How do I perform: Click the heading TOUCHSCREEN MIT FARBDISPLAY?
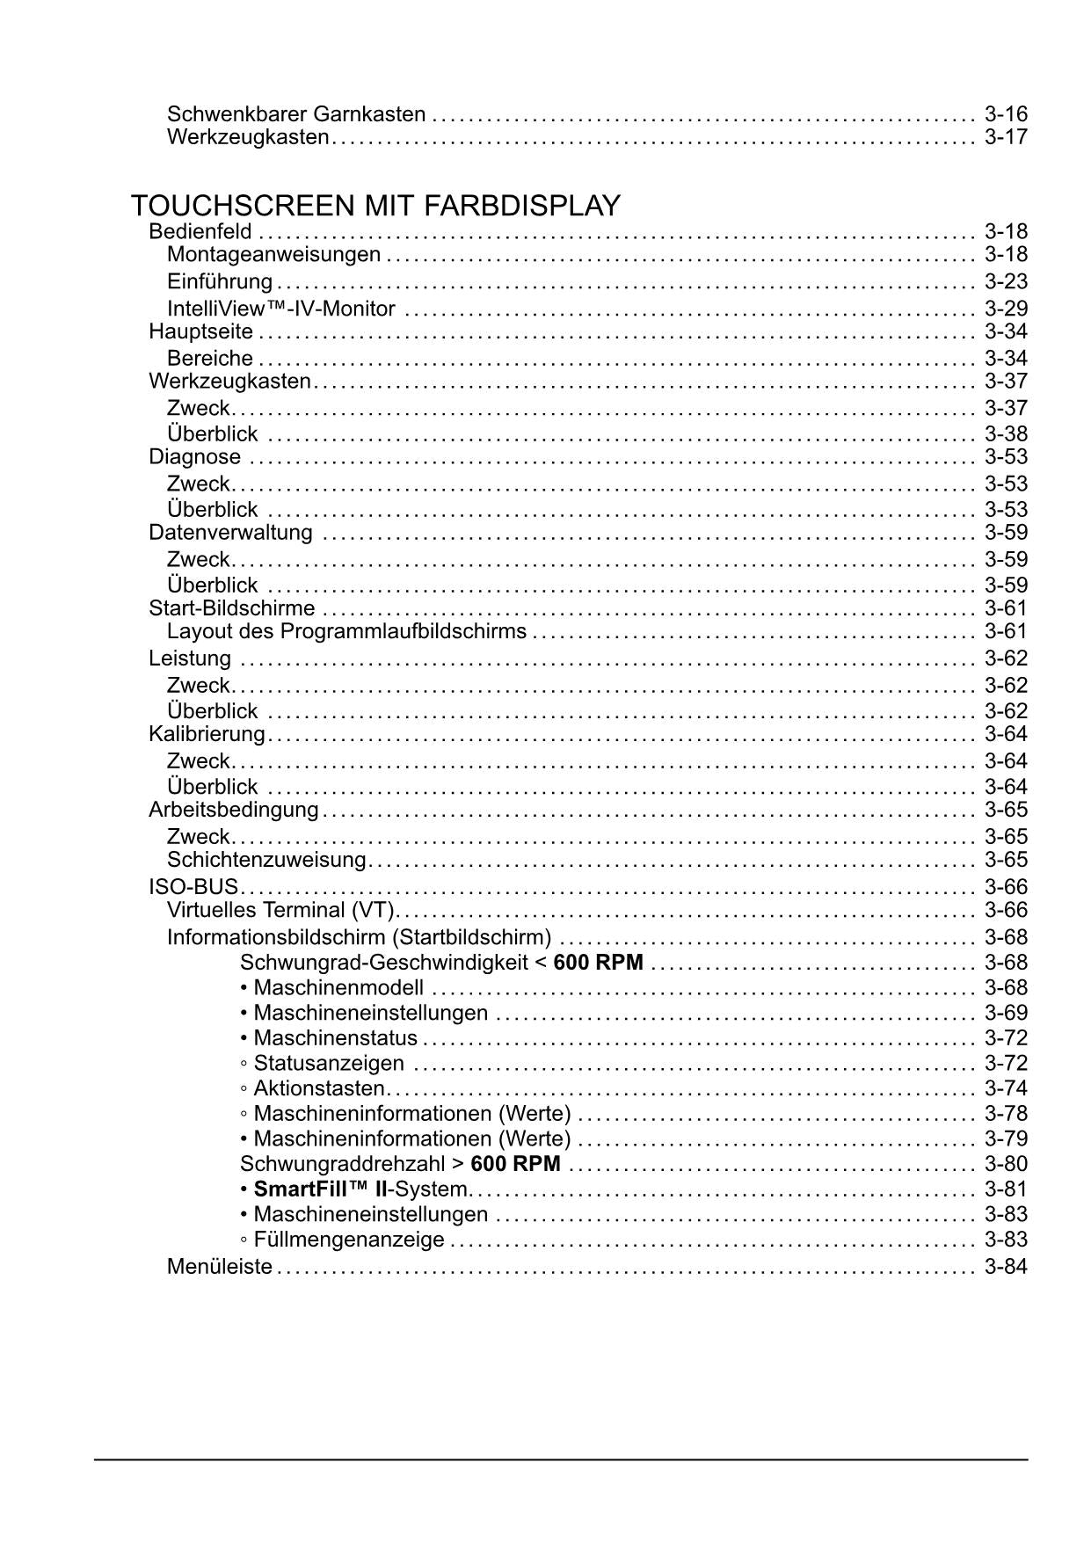375,207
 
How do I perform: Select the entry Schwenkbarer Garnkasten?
296,114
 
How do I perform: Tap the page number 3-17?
1006,137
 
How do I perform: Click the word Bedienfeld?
200,232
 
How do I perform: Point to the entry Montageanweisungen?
273,255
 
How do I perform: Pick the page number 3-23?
1006,282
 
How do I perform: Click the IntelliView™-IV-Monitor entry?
281,309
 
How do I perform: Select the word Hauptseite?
200,332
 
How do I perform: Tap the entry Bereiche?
210,359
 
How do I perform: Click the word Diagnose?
194,457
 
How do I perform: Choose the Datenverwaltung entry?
230,533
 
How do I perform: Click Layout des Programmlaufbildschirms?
346,631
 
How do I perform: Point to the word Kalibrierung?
207,734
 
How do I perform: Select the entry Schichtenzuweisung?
266,860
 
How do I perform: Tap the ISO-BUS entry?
193,887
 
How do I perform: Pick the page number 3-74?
1006,1088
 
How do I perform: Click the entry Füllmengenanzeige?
348,1240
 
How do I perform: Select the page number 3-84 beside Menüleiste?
1006,1268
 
